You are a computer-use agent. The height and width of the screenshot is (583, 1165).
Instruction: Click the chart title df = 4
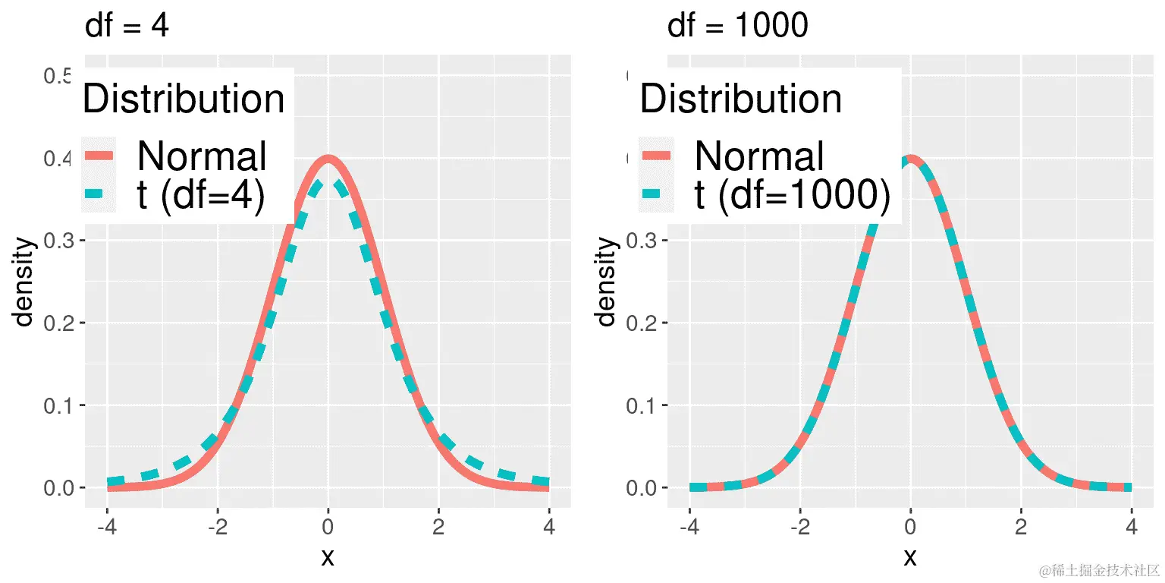(x=127, y=27)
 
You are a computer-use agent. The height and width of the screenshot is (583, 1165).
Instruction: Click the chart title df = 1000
(x=737, y=27)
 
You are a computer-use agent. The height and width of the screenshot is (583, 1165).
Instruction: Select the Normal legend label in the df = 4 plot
(x=202, y=156)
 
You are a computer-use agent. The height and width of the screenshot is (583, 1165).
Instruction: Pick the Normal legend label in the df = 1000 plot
(x=759, y=156)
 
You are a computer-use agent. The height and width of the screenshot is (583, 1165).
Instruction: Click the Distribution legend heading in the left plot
(x=184, y=99)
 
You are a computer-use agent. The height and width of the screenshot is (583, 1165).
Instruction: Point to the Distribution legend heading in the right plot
(x=741, y=99)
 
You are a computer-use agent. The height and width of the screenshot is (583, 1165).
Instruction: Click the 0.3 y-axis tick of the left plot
(x=58, y=241)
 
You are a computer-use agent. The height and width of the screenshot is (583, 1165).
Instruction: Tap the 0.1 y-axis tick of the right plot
(x=641, y=405)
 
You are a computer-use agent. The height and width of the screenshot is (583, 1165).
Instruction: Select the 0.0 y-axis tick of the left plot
(x=58, y=487)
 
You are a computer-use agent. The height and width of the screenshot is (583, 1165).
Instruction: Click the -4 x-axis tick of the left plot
(x=107, y=527)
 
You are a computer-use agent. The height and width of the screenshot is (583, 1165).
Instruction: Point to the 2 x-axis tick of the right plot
(x=1021, y=527)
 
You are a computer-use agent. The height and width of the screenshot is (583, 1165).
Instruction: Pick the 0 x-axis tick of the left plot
(x=328, y=527)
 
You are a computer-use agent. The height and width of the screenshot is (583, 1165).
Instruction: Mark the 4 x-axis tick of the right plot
(x=1132, y=527)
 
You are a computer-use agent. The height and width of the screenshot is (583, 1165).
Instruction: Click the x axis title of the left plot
(x=328, y=558)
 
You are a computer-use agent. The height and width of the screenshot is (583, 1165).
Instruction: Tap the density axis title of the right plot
(x=606, y=282)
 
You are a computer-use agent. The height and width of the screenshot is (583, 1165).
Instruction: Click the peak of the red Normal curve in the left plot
(x=328, y=159)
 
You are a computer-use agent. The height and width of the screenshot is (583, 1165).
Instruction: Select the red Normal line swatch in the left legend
(x=98, y=156)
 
